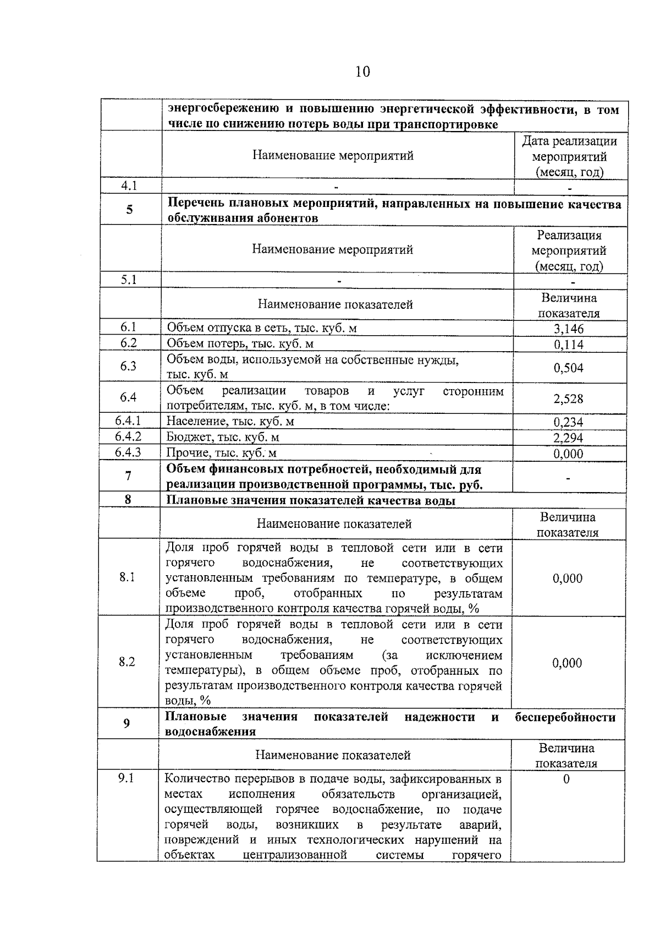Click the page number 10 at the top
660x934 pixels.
(x=362, y=72)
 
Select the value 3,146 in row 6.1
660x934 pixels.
(x=569, y=329)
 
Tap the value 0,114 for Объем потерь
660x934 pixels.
(x=569, y=345)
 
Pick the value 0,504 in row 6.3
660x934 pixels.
(x=569, y=368)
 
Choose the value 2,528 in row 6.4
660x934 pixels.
(x=569, y=398)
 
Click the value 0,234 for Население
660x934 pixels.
(x=569, y=422)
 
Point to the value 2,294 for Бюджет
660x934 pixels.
(x=569, y=438)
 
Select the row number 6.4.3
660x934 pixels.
(x=128, y=452)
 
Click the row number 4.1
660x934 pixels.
(x=129, y=185)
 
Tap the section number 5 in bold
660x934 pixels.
(x=129, y=210)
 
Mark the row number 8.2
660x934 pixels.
(x=127, y=662)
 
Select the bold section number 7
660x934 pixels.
(x=128, y=476)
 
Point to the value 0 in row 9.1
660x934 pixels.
(x=566, y=779)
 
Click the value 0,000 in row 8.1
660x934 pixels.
(x=568, y=578)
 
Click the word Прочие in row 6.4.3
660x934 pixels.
(x=183, y=453)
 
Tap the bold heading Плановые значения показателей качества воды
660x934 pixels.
(x=311, y=501)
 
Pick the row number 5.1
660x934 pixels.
(x=129, y=280)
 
